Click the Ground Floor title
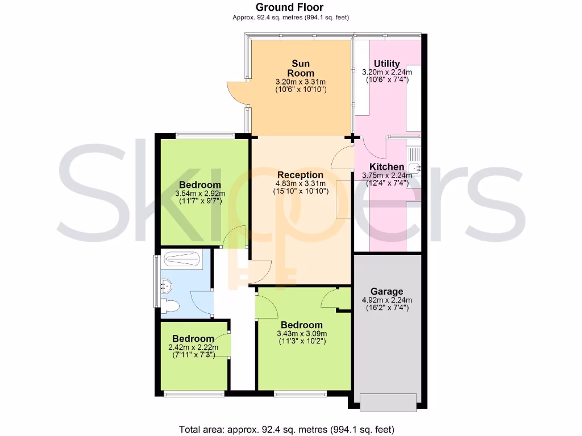tap(290, 7)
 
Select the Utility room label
tap(386, 64)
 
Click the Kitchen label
tap(386, 167)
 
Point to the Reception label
tap(300, 175)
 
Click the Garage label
tap(386, 292)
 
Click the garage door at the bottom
tap(388, 402)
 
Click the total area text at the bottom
tap(286, 429)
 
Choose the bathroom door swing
tap(201, 299)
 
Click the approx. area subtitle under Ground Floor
tap(290, 18)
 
